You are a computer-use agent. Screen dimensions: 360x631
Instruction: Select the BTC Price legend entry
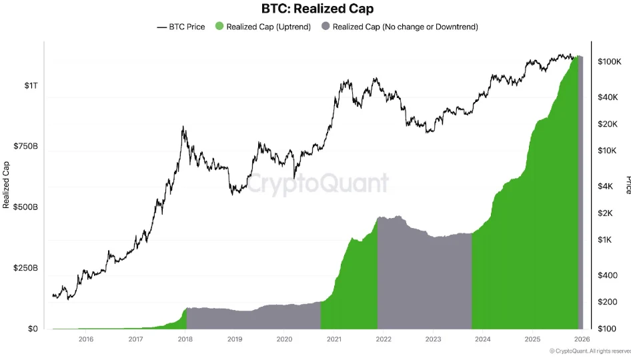(x=181, y=27)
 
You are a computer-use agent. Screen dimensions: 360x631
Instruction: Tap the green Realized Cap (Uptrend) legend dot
(x=219, y=27)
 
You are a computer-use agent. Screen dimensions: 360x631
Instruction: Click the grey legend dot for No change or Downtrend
(x=326, y=27)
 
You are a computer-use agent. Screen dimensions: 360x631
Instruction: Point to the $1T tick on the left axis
(x=31, y=85)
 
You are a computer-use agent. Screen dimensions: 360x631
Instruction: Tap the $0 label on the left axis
(x=32, y=329)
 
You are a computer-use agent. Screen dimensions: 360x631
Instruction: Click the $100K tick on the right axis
(x=609, y=61)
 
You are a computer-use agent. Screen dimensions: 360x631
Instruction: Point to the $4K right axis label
(x=606, y=187)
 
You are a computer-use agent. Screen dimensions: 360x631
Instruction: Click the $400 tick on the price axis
(x=606, y=275)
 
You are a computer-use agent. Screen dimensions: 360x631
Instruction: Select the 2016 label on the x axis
(x=85, y=339)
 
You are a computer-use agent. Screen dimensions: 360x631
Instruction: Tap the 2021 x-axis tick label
(x=334, y=339)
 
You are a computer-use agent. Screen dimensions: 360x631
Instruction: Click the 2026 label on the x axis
(x=582, y=339)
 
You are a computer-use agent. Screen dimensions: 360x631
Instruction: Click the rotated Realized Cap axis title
(x=7, y=185)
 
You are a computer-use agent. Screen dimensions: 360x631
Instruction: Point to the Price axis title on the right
(x=627, y=185)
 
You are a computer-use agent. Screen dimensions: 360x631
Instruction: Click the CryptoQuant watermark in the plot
(x=318, y=183)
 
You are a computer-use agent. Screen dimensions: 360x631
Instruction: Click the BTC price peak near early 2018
(x=183, y=127)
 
